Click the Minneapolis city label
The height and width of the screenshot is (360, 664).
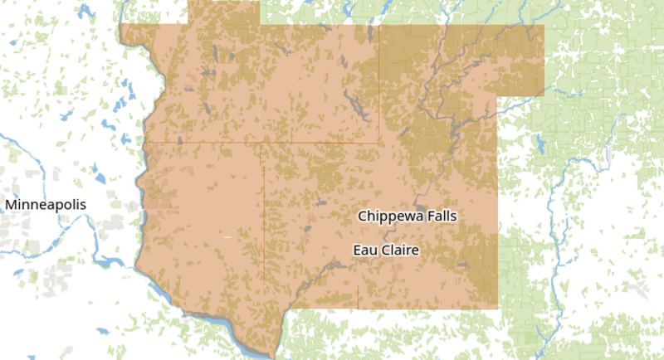coord(44,204)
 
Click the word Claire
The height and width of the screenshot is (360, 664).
coord(400,250)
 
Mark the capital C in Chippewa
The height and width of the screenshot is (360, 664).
coord(363,216)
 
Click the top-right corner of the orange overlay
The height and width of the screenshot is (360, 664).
coord(544,25)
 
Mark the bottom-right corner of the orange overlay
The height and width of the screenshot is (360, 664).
coord(497,311)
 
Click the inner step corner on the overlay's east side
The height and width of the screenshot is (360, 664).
coord(498,94)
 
